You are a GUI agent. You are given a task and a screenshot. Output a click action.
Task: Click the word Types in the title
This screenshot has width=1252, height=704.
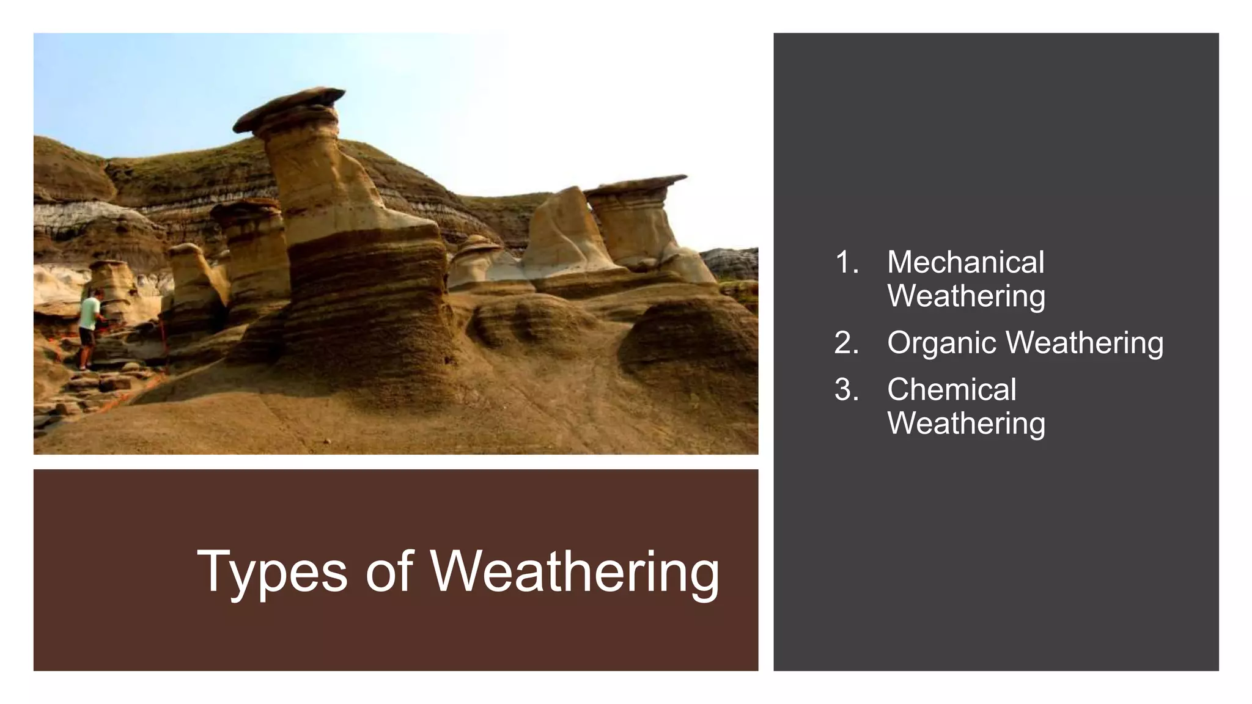click(x=272, y=571)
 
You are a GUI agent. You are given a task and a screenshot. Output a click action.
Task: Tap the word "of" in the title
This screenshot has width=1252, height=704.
click(x=389, y=571)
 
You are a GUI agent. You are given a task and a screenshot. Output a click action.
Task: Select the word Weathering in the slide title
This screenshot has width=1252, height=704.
click(x=575, y=571)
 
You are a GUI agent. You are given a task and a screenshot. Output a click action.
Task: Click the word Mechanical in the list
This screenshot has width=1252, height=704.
click(x=965, y=263)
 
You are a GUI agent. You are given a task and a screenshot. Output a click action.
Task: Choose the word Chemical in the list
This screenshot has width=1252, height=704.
click(x=951, y=390)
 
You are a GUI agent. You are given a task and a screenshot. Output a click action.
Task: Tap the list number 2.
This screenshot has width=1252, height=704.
click(x=846, y=343)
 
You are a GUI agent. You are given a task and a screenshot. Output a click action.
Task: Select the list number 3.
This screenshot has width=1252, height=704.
click(x=846, y=390)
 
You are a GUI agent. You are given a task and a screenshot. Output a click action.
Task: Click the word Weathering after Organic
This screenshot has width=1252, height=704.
click(x=1086, y=343)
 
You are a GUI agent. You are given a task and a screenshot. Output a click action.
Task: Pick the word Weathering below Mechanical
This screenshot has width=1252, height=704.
click(x=966, y=296)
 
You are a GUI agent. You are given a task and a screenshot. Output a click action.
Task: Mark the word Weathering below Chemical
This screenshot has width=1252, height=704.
click(x=966, y=424)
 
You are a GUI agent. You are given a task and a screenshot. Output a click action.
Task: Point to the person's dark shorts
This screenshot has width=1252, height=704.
click(x=86, y=336)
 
